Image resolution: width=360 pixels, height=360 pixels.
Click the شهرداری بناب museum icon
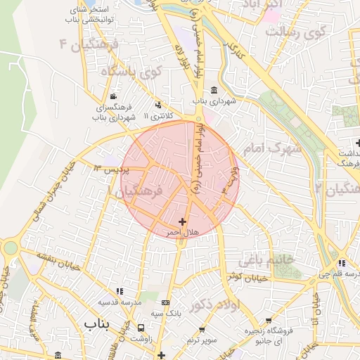[x=214, y=90]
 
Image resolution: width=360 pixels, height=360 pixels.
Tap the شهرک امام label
[x=273, y=148]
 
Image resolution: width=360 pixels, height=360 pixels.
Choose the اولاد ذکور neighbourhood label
[x=239, y=304]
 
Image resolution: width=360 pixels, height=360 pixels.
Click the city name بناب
[x=98, y=323]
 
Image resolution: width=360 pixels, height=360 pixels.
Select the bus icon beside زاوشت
[x=143, y=327]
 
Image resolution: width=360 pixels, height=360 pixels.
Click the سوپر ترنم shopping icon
[x=202, y=328]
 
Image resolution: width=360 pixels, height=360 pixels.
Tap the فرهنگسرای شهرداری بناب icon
[x=115, y=97]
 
